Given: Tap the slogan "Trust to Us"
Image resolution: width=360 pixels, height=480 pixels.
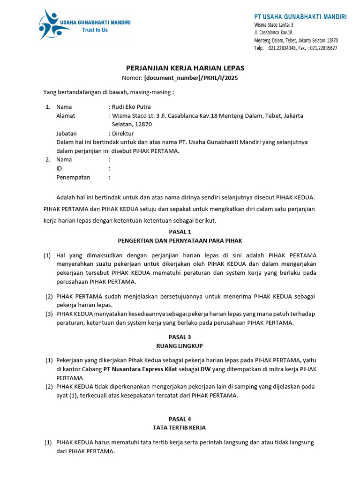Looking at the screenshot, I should pyautogui.click(x=95, y=30).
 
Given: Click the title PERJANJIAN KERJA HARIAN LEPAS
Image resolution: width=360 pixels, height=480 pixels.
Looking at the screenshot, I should pyautogui.click(x=180, y=68).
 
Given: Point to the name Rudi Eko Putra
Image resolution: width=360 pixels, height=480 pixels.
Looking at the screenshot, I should pyautogui.click(x=131, y=107).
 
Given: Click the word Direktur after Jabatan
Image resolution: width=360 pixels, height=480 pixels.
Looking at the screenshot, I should pyautogui.click(x=123, y=134).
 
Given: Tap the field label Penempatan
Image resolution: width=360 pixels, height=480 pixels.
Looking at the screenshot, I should pyautogui.click(x=73, y=178).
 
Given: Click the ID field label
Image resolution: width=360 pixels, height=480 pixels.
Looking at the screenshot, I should pyautogui.click(x=59, y=169).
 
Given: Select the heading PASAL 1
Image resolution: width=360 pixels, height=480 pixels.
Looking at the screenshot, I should pyautogui.click(x=180, y=232).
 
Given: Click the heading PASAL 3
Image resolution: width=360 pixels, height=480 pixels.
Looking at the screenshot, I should pyautogui.click(x=180, y=337).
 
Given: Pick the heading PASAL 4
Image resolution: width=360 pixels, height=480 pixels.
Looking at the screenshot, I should pyautogui.click(x=180, y=419).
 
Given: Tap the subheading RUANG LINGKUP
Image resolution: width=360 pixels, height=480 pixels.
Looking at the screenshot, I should pyautogui.click(x=180, y=346).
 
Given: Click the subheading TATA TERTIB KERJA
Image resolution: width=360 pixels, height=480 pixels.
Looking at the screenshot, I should pyautogui.click(x=180, y=427).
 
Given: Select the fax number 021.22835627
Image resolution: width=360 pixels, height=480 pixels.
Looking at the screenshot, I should pyautogui.click(x=323, y=48).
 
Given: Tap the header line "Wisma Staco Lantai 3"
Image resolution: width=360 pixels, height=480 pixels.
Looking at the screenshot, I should pyautogui.click(x=274, y=25).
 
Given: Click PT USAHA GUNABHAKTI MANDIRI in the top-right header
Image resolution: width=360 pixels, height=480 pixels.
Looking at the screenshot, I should pyautogui.click(x=300, y=17).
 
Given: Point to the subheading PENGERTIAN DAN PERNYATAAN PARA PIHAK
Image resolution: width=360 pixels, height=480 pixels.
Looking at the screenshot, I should pyautogui.click(x=180, y=240).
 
